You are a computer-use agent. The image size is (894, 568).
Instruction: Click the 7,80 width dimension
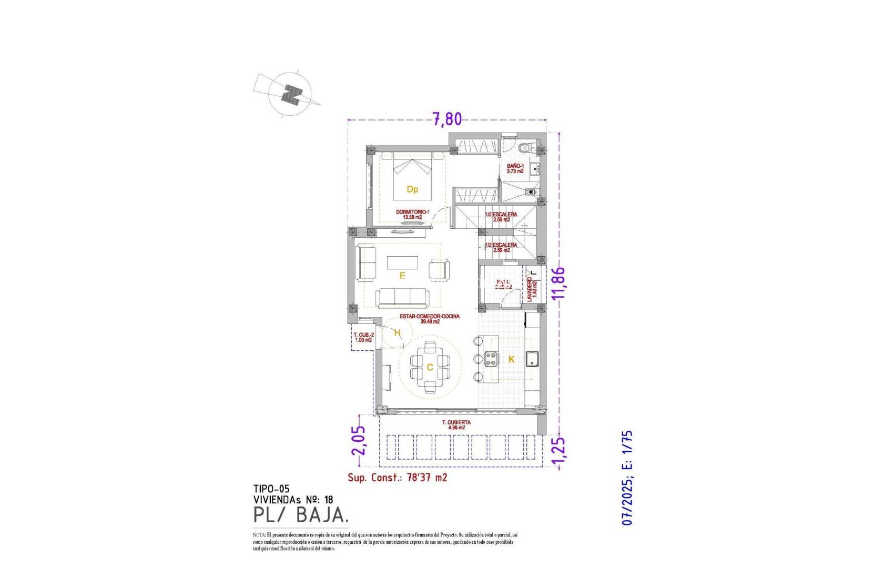click(447, 119)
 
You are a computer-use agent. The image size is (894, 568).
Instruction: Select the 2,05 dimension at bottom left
click(359, 440)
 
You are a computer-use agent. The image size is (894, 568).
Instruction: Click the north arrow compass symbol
click(289, 94)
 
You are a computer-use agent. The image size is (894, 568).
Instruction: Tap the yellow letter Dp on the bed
click(412, 189)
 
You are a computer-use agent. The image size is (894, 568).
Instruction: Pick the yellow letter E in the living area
click(402, 276)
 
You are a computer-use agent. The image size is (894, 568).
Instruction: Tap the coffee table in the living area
click(402, 262)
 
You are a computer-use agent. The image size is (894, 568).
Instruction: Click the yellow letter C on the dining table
click(430, 367)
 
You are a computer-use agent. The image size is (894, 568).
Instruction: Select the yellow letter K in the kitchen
click(511, 360)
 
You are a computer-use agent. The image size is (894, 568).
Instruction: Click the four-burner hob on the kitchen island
click(491, 359)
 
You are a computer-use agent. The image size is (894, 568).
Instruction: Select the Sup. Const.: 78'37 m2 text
click(397, 478)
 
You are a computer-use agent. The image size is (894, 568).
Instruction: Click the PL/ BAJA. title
click(300, 515)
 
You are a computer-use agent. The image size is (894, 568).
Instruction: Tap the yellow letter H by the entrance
click(398, 333)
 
